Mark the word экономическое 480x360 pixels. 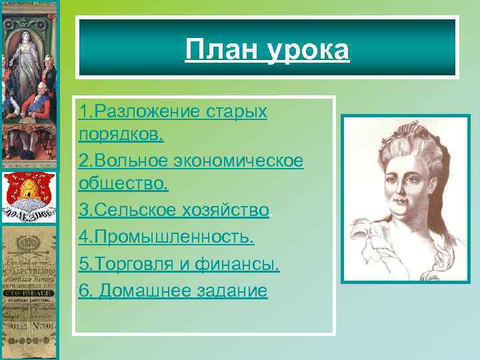238,160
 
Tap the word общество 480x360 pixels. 123,182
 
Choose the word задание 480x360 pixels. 234,291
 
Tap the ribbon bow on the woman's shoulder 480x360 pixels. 371,237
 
